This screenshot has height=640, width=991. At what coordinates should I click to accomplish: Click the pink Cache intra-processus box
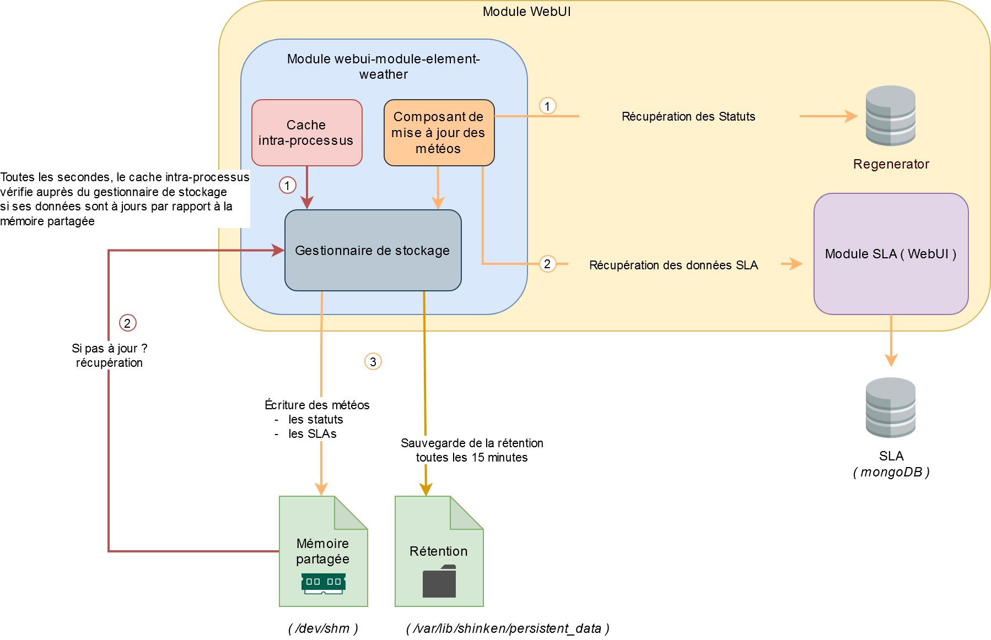tap(306, 133)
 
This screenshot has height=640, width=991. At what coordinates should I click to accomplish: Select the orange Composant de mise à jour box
tap(439, 133)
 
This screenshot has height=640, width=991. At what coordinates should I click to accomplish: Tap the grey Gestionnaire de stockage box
tap(373, 251)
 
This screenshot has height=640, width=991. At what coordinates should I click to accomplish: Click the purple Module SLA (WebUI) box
tap(891, 254)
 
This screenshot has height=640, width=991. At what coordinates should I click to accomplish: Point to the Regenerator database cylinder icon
tap(890, 116)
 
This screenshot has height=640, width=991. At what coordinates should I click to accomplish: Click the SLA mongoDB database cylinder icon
tap(890, 408)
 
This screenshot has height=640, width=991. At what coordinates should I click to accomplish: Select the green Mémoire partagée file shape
tap(323, 551)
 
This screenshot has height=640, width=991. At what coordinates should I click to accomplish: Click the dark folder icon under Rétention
tap(439, 582)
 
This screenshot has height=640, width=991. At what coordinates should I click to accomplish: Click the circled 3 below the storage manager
tap(373, 362)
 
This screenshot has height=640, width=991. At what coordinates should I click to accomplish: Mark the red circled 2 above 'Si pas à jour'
tap(127, 323)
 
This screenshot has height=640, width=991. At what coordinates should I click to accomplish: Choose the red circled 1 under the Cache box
tap(287, 186)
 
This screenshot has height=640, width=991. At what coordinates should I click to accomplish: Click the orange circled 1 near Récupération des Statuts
tap(547, 106)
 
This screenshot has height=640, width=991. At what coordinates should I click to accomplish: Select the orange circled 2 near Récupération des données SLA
tap(547, 264)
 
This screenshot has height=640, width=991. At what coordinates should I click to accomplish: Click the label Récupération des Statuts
tap(688, 117)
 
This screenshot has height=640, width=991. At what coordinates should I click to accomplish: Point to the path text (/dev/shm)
tap(323, 628)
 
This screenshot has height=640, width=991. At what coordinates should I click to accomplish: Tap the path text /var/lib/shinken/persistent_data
tap(508, 628)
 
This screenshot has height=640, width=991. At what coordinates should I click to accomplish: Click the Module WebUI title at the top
tap(526, 12)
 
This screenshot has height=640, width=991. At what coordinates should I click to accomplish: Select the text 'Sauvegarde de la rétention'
tap(472, 443)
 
